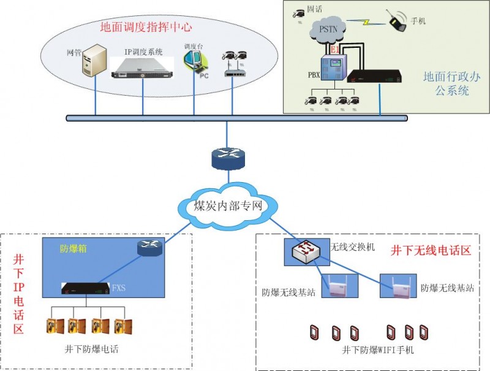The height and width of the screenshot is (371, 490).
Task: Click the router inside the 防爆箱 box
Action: [x=149, y=247]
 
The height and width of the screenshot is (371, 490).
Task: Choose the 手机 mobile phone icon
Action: [x=399, y=21]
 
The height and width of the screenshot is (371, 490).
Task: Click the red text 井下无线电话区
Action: [x=430, y=251]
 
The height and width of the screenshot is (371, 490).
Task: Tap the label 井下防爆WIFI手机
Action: [x=377, y=350]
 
